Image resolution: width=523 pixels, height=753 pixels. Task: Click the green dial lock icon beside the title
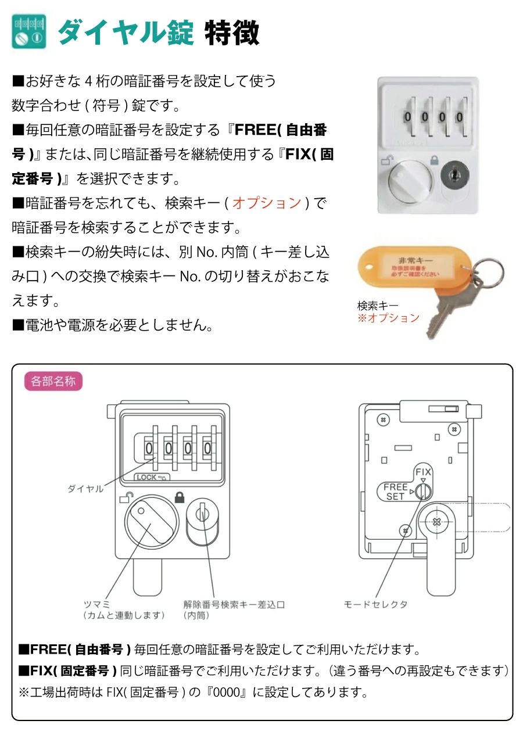(29, 31)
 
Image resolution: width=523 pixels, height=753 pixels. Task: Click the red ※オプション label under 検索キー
(388, 318)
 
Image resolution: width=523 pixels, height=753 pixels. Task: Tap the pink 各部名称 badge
(53, 382)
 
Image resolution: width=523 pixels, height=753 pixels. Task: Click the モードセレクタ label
(375, 604)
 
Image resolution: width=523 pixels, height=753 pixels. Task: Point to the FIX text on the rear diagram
(423, 472)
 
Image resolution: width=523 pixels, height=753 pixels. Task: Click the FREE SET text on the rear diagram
(395, 492)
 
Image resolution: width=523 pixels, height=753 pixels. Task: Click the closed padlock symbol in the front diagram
(179, 497)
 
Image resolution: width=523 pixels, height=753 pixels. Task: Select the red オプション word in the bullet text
(267, 203)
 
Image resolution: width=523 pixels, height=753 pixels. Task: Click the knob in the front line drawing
(150, 521)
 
